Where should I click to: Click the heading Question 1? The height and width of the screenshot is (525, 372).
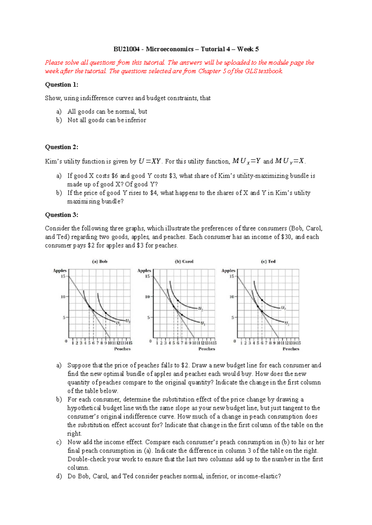tap(61, 85)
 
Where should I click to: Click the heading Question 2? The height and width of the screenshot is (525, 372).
tap(61, 147)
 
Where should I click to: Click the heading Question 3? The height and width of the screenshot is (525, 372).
tap(61, 215)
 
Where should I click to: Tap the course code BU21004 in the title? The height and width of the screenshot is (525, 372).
tap(126, 49)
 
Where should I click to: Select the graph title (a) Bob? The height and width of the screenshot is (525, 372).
tap(100, 262)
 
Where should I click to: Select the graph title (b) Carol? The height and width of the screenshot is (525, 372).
tap(184, 262)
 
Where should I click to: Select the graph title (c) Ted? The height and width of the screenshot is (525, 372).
tap(268, 262)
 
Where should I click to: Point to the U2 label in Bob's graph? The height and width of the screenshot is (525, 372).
tap(128, 321)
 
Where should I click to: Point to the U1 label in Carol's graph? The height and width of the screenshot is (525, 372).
tap(202, 323)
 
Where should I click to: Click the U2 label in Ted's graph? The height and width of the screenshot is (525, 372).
tap(283, 308)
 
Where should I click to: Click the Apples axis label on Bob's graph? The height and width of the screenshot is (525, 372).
tap(60, 271)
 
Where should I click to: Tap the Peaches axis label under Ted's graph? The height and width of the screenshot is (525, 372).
tap(291, 349)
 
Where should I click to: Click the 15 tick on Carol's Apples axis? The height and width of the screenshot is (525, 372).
tap(147, 276)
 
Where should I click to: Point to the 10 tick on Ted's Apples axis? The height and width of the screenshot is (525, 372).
tap(232, 297)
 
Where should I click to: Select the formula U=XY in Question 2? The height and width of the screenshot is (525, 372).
tap(149, 161)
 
